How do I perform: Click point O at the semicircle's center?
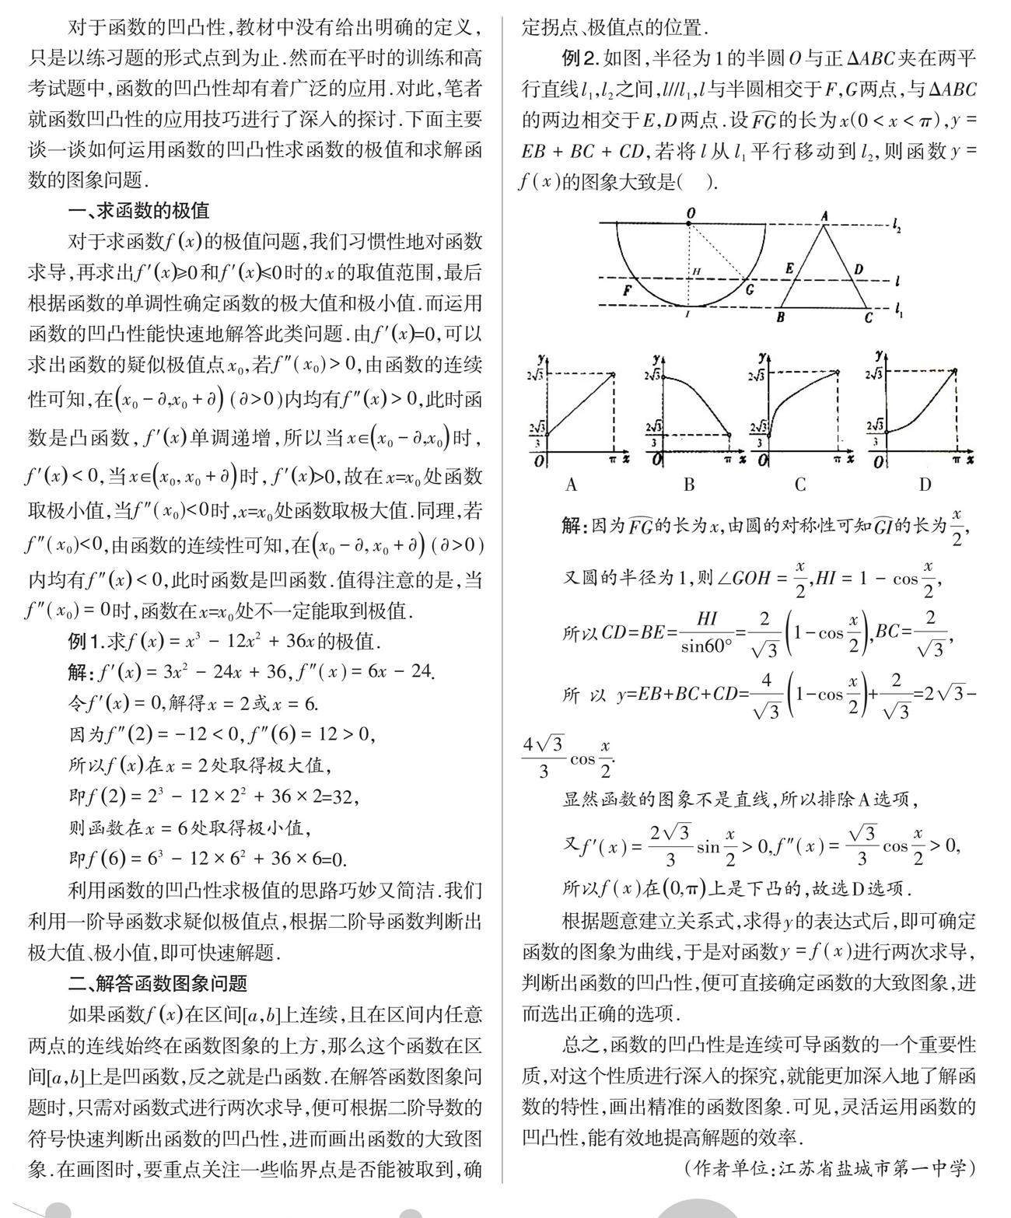tap(689, 224)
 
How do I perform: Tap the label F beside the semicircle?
tap(628, 292)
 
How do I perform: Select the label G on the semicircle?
tap(749, 290)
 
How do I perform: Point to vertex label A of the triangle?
tap(824, 216)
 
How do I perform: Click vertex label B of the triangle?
tap(780, 317)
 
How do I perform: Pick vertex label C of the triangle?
tap(869, 317)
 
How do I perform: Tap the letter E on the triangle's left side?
tap(789, 269)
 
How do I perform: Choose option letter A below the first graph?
tap(572, 485)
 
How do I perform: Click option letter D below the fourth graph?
tap(925, 485)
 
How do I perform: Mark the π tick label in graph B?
tap(728, 460)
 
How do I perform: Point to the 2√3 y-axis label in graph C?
tap(758, 376)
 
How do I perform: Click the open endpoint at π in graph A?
tap(614, 375)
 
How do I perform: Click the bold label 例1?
tap(86, 642)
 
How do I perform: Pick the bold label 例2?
tap(580, 58)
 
